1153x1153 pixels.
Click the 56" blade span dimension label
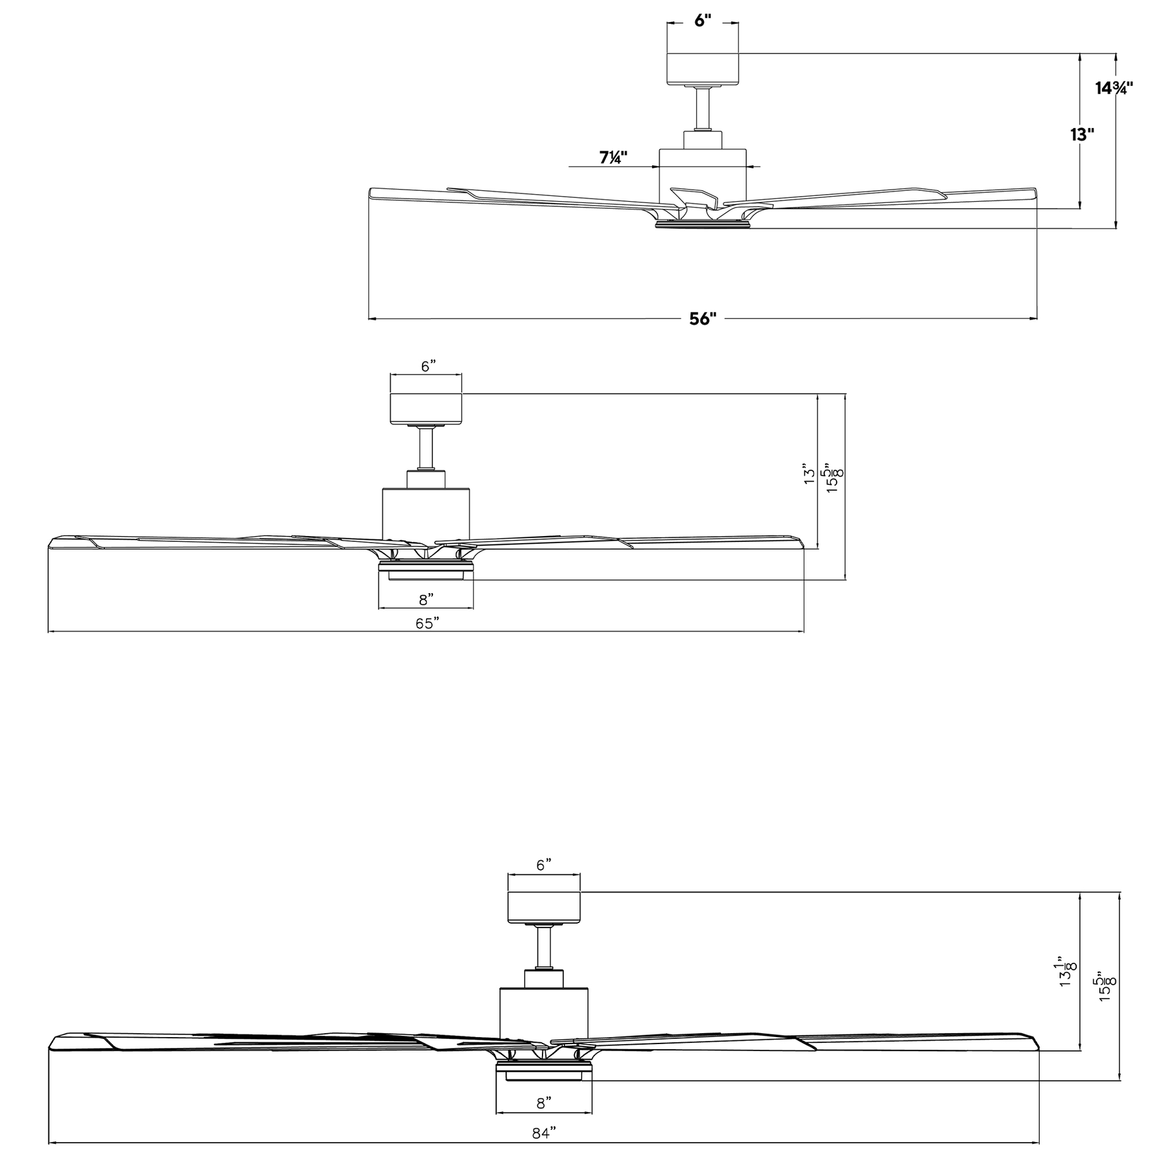click(703, 318)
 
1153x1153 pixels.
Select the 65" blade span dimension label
click(427, 623)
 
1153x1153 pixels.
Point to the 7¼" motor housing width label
click(613, 158)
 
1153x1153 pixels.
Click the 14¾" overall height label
click(1114, 88)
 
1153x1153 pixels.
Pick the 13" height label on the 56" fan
click(1082, 135)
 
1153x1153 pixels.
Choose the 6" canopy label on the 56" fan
click(703, 20)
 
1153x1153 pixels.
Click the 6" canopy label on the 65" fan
click(429, 366)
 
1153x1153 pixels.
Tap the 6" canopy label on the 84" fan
click(544, 865)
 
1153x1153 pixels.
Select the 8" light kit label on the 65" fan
click(426, 600)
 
